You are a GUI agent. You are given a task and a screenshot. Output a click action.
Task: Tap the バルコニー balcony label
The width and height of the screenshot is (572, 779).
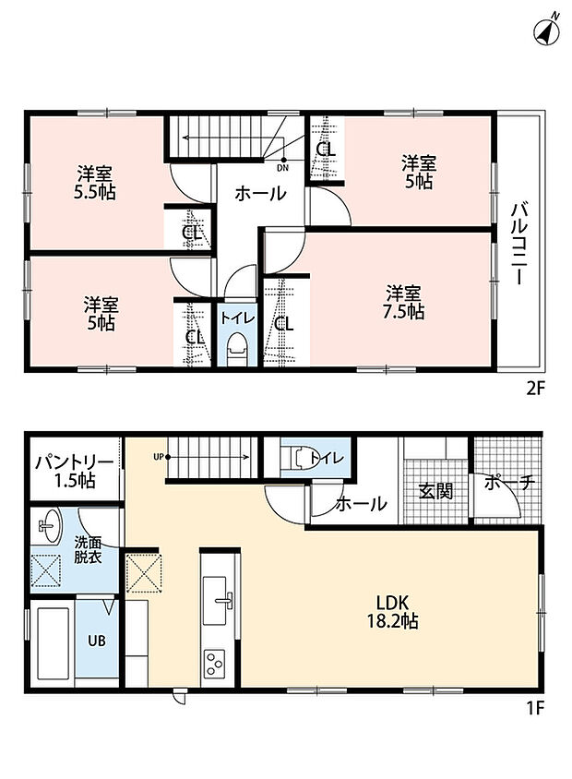(x=518, y=244)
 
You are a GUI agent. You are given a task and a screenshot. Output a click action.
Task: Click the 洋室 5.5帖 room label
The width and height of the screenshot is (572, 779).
(x=94, y=183)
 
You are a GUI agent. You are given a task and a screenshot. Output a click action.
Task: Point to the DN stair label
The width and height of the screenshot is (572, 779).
(x=282, y=168)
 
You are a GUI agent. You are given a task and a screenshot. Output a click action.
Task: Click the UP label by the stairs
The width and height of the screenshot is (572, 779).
(x=159, y=457)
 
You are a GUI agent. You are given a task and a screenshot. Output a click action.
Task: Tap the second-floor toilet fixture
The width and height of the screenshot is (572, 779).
(x=236, y=349)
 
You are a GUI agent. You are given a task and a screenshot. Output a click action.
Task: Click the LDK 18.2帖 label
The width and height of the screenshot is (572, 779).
(x=392, y=612)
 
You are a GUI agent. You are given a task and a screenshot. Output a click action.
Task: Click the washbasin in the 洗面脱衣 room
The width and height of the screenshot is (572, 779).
(x=50, y=525)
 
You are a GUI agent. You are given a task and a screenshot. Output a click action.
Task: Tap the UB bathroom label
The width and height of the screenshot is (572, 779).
(x=97, y=641)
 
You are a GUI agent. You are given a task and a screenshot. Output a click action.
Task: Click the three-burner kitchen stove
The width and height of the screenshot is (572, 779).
(x=213, y=664)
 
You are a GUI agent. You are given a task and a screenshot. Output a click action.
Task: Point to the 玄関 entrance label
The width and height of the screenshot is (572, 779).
(x=435, y=491)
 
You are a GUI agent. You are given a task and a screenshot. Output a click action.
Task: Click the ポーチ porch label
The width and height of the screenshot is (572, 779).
(x=509, y=483)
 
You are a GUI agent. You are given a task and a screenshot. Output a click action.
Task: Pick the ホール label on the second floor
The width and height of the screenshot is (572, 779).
(x=260, y=193)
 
